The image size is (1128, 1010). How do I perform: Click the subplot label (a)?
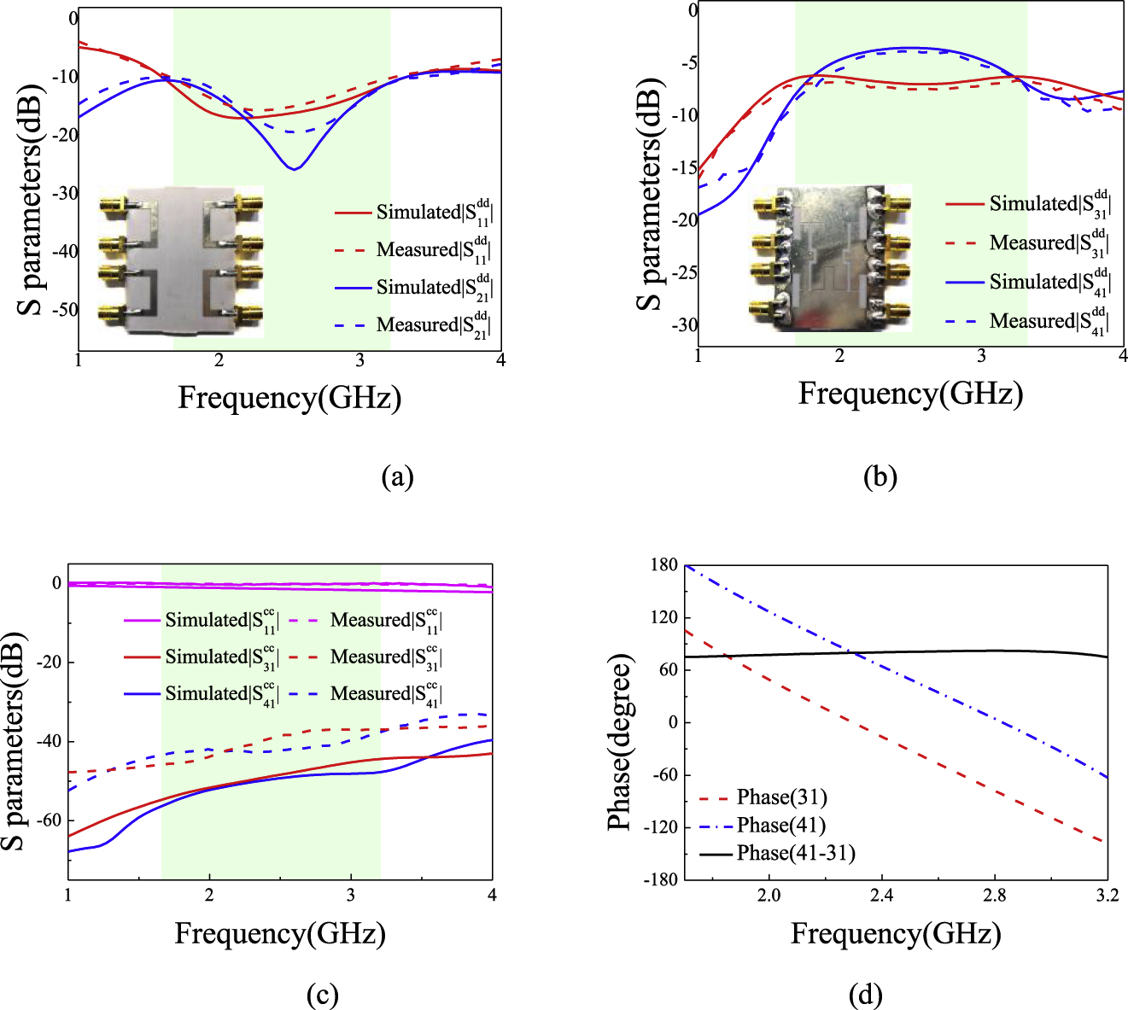(397, 476)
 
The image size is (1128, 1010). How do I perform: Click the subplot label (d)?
(865, 995)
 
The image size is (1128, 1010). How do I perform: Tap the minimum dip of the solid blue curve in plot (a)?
(294, 168)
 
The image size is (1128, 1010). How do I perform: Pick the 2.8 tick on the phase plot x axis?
(994, 895)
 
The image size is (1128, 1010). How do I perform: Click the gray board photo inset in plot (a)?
(181, 261)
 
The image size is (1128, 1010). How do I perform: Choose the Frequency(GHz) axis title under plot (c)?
(280, 934)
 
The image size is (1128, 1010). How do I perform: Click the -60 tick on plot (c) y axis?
(49, 820)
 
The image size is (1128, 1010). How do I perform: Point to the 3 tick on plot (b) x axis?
(982, 356)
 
